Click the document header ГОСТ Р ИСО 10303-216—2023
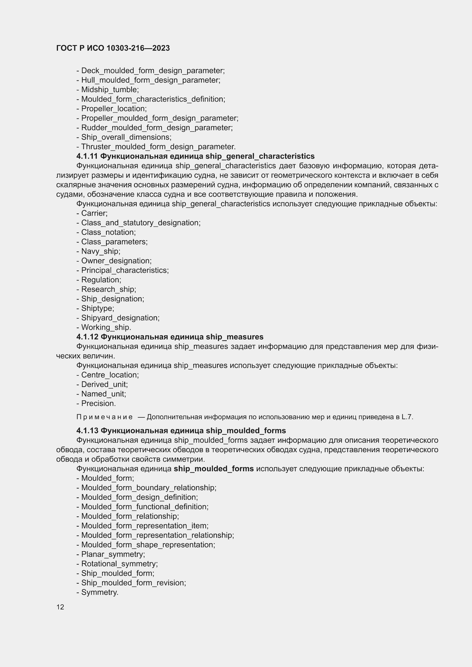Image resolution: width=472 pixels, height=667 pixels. (113, 48)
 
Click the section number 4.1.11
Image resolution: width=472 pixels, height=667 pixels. (87, 156)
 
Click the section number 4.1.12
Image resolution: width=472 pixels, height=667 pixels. (87, 337)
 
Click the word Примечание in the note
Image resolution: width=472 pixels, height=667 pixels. (105, 417)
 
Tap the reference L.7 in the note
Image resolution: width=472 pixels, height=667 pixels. (407, 417)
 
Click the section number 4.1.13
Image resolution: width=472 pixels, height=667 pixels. (87, 430)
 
